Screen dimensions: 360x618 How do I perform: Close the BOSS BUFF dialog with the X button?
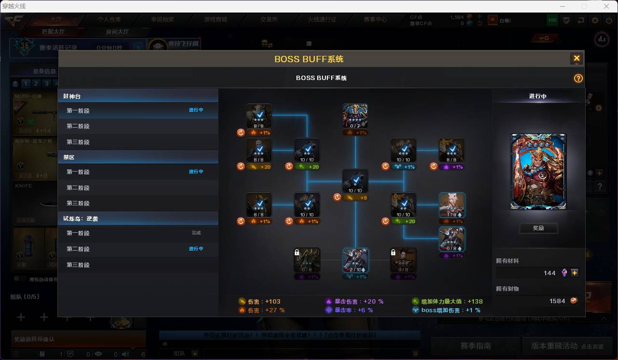pos(576,59)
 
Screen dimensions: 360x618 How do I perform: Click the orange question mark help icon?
pos(578,79)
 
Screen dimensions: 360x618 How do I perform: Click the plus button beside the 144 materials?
pos(575,273)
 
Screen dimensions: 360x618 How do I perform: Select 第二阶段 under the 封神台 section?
pos(78,126)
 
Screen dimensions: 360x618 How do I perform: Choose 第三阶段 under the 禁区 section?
pos(78,203)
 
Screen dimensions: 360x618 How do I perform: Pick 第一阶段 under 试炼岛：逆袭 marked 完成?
pos(78,233)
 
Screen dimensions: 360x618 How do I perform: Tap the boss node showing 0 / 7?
pos(355,116)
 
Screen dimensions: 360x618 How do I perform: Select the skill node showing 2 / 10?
pos(355,260)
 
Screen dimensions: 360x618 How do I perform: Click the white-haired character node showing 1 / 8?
pos(452,205)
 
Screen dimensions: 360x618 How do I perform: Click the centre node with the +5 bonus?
pos(355,181)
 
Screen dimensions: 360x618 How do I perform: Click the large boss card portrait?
pos(538,172)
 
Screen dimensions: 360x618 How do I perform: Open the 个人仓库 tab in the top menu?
pos(109,20)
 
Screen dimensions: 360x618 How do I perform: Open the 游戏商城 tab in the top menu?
pos(215,20)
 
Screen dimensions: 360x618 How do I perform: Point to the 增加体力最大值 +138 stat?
pos(447,302)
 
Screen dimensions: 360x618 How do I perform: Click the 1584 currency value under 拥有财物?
pos(557,301)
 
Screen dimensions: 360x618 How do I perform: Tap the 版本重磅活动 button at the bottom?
pos(554,346)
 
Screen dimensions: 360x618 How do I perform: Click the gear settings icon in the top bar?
pos(595,20)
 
